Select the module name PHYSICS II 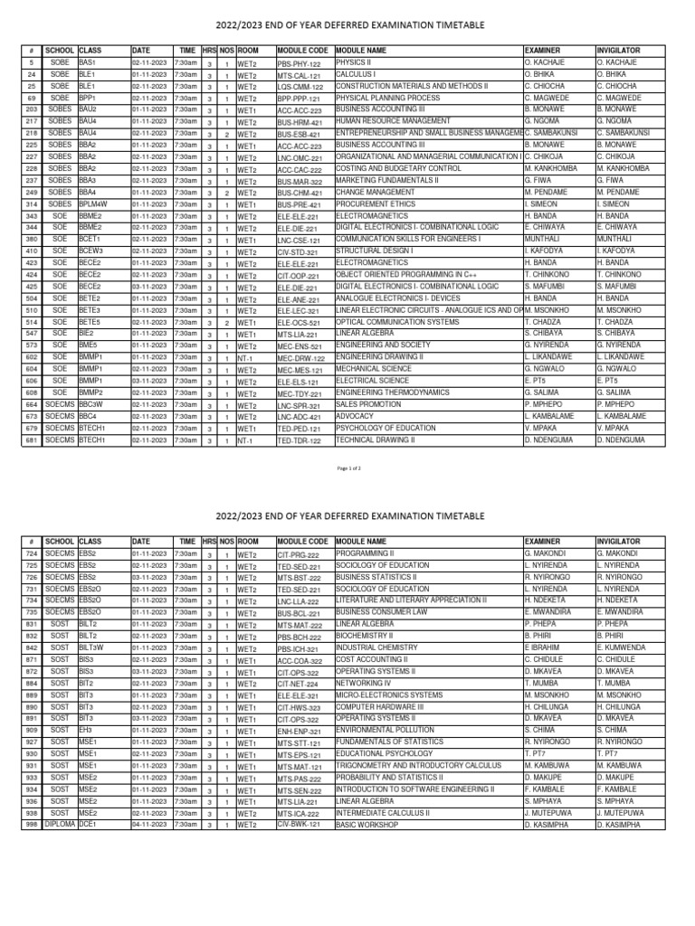coord(356,63)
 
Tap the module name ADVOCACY coord(355,417)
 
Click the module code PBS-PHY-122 coord(300,63)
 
